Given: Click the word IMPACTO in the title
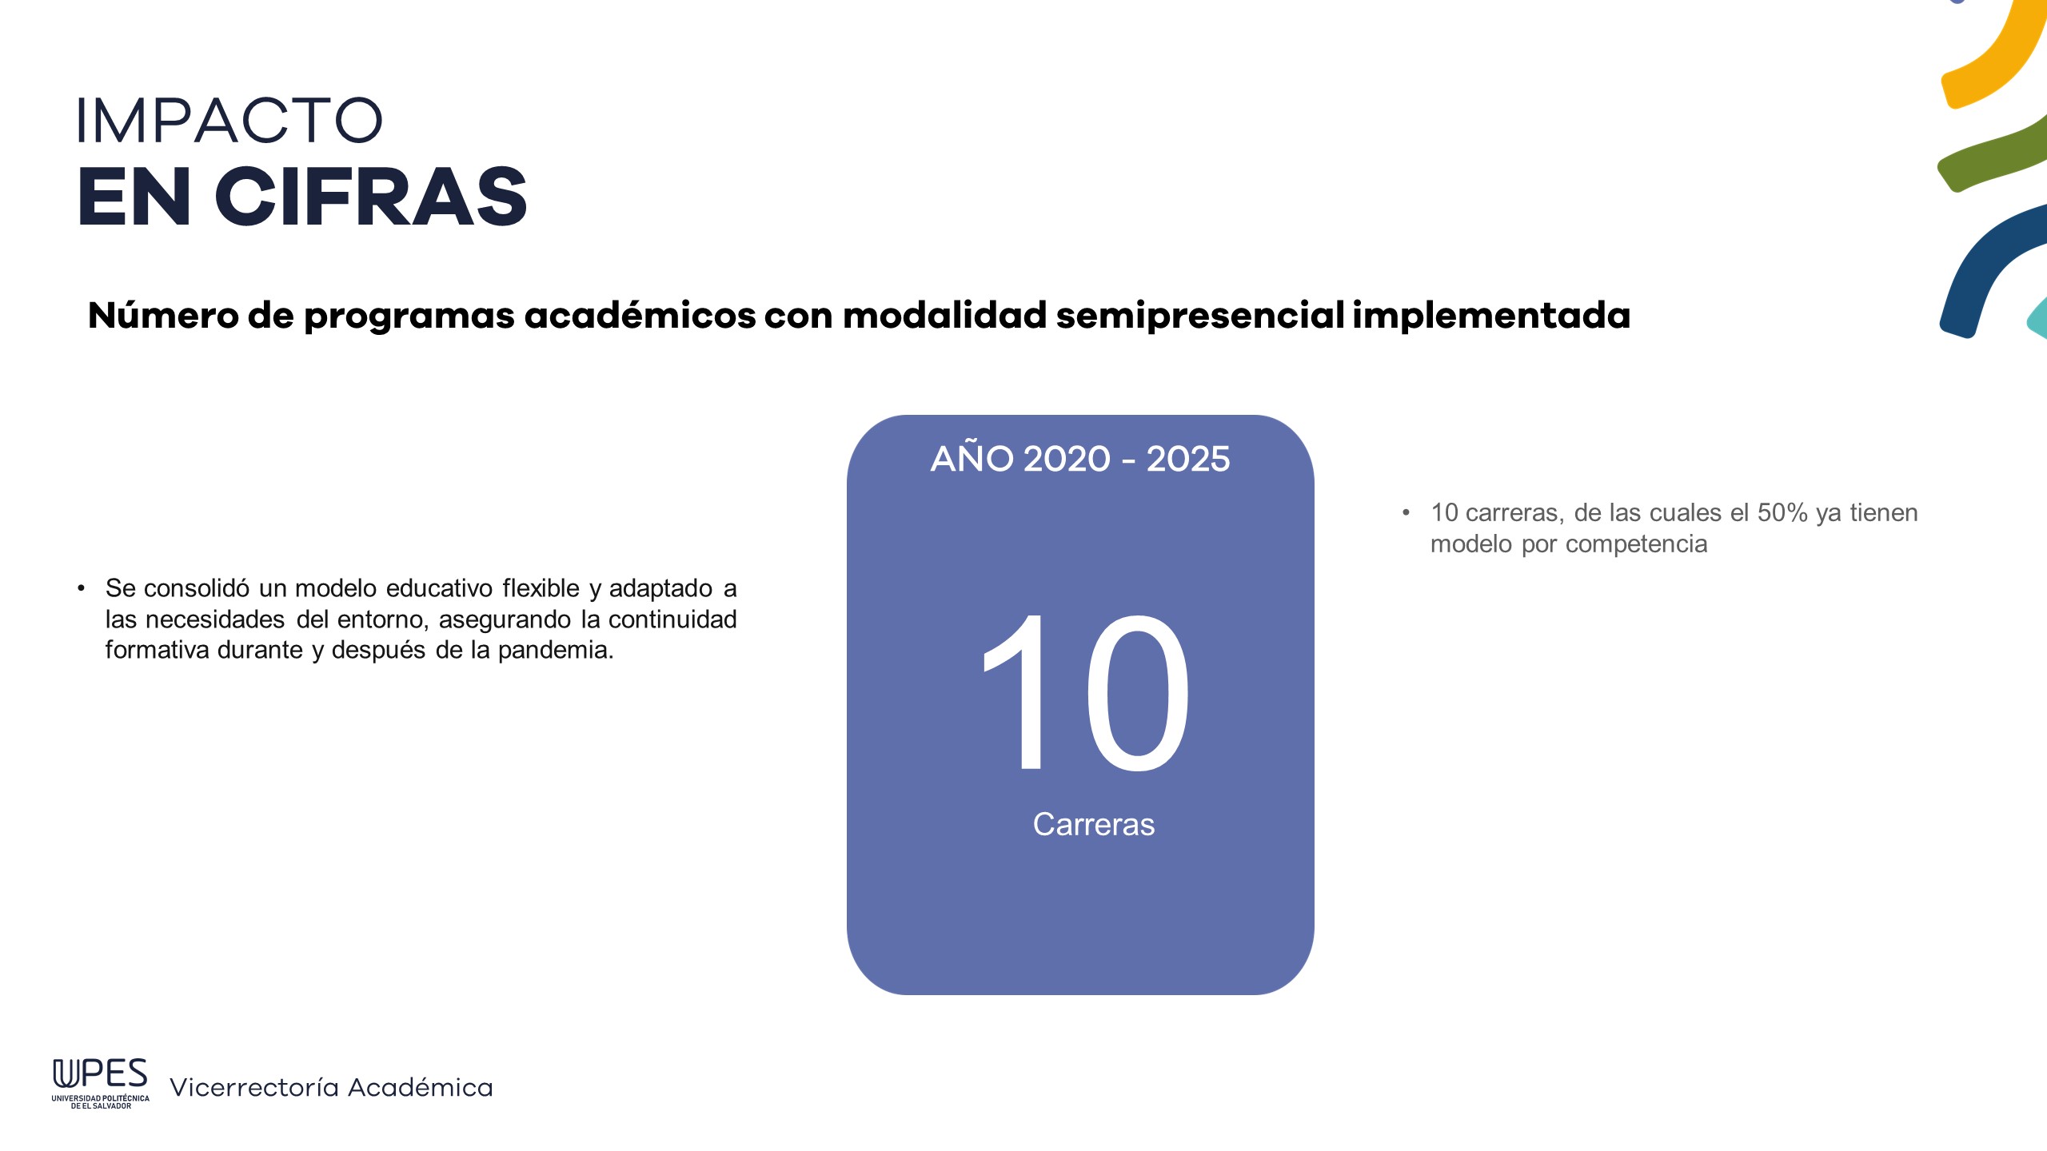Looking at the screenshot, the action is pos(229,121).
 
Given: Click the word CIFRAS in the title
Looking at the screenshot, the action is pos(371,197).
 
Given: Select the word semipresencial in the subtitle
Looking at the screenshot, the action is pos(1200,316).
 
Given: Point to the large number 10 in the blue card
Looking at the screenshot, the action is pos(1085,692).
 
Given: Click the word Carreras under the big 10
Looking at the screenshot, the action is pos(1093,824).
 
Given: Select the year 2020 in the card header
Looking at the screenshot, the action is pos(1067,459).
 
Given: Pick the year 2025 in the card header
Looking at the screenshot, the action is pos(1187,459).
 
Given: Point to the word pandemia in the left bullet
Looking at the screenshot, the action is pos(556,650).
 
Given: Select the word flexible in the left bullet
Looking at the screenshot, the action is pos(541,588).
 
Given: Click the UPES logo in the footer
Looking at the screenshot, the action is pos(101,1083).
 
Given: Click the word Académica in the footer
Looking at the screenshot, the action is pos(421,1087).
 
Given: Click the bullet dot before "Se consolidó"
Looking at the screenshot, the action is pos(81,588).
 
